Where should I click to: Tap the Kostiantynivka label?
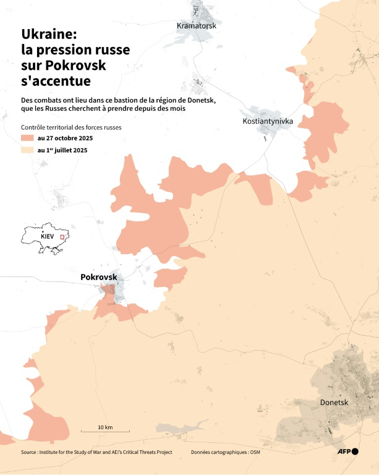[267, 121]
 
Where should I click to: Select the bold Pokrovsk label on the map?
[99, 278]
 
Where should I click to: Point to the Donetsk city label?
[334, 403]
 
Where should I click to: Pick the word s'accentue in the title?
[56, 80]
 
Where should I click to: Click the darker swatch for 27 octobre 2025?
[27, 138]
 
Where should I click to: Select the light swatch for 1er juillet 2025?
[27, 150]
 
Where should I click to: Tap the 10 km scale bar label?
[105, 427]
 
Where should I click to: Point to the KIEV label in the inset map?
[48, 237]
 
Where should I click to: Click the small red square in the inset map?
[62, 236]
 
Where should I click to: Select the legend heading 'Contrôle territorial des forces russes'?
[71, 127]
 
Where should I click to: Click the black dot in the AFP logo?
[355, 452]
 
